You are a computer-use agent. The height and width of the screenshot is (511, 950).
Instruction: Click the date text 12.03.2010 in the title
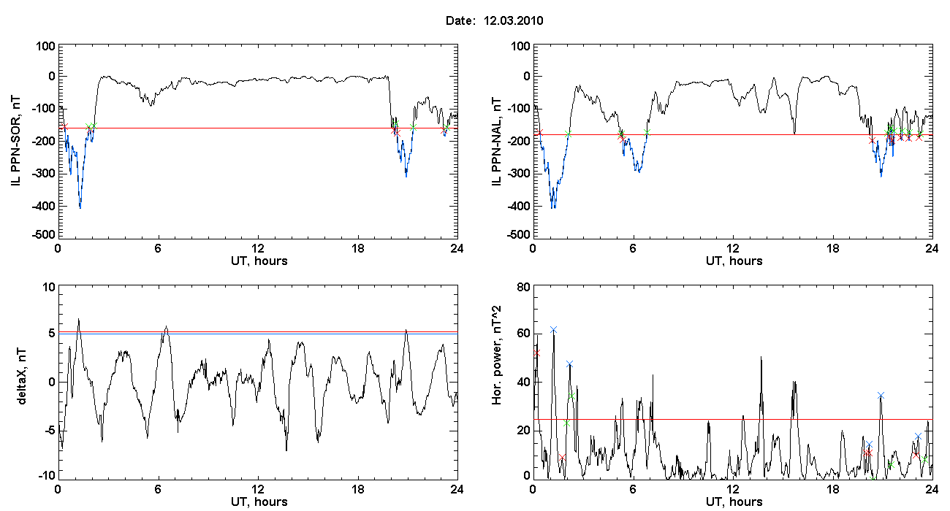513,20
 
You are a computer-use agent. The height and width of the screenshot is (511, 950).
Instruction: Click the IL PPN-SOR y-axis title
16,142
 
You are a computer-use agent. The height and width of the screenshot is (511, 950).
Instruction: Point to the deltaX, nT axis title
22,377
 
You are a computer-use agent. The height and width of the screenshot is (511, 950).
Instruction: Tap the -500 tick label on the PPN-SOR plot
43,234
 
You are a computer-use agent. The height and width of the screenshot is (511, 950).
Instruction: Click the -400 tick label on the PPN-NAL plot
518,206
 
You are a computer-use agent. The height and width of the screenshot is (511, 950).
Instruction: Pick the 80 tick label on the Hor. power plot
524,288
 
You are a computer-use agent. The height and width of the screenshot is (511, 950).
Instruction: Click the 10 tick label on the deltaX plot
49,288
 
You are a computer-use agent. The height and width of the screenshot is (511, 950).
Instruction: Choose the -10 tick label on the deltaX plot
46,475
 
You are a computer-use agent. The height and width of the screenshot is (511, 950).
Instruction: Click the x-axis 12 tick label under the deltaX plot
257,489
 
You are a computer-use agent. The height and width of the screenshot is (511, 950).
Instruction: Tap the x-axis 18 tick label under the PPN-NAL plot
832,248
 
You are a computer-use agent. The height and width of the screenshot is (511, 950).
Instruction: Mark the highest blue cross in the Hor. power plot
553,330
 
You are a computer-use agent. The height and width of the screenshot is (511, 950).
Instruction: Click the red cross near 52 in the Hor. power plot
536,353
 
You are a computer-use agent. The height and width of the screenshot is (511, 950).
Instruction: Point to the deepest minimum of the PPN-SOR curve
80,207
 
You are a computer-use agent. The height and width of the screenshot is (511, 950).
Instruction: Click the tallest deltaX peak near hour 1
78,319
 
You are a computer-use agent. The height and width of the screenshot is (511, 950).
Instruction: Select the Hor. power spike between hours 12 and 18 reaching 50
761,357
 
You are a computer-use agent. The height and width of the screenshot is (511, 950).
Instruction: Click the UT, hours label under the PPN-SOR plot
259,261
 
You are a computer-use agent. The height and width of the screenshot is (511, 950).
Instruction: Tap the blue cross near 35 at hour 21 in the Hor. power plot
881,396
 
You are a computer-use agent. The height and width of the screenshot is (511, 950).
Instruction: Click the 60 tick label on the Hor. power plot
524,334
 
